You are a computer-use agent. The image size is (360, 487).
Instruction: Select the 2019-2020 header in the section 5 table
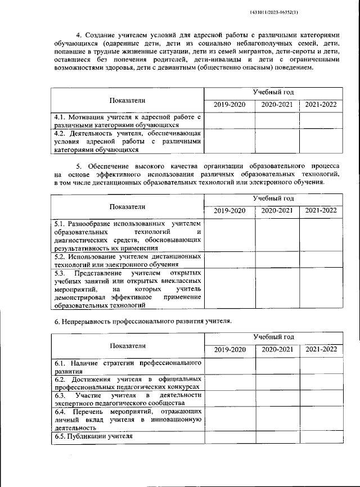230,210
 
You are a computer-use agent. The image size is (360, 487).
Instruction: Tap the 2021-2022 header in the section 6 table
321,349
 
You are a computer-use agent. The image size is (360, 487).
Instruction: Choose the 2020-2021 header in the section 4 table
277,105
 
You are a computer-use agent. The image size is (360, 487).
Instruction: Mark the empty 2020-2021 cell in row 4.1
277,120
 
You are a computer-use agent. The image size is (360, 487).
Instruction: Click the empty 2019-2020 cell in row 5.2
230,259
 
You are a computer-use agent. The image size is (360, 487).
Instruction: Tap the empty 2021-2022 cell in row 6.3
321,399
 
